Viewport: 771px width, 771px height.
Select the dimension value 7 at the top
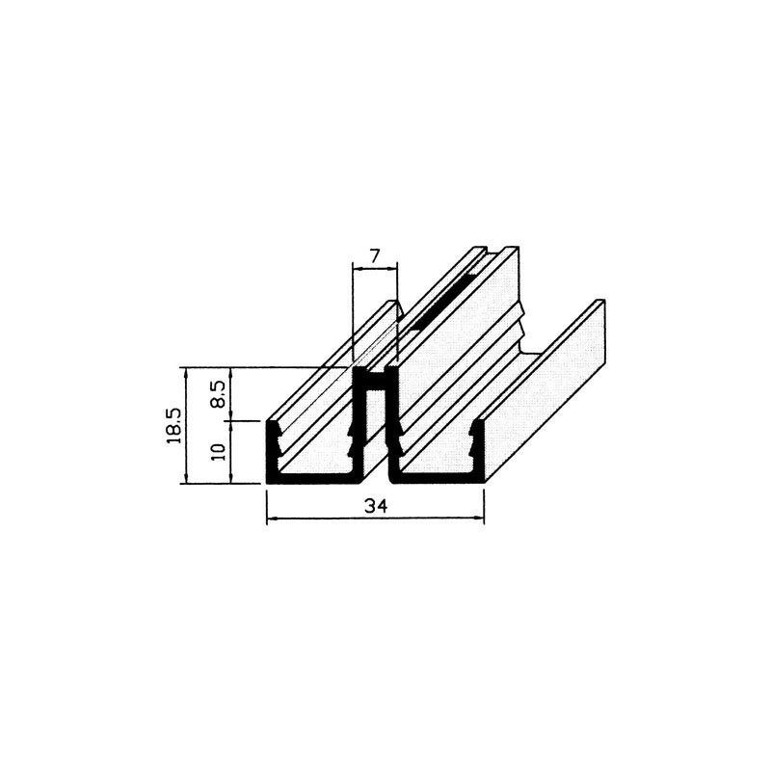[375, 256]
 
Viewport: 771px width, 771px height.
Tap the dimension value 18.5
[175, 426]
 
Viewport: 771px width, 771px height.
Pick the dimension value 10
[219, 451]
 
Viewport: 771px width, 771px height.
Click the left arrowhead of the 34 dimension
[272, 518]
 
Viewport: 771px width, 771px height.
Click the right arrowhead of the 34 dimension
[479, 518]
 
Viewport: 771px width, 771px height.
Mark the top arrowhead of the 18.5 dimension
[186, 373]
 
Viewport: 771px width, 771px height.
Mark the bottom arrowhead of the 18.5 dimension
[186, 478]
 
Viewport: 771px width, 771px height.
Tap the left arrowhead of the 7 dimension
[359, 268]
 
